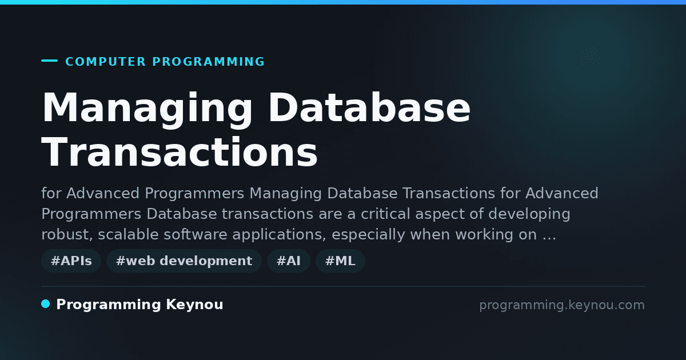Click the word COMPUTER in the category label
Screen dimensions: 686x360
pyautogui.click(x=105, y=62)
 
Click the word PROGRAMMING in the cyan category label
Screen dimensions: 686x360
pyautogui.click(x=208, y=62)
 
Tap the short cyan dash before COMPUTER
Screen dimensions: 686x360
pyautogui.click(x=49, y=61)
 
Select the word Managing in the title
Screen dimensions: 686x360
pyautogui.click(x=147, y=109)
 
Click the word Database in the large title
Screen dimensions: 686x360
pyautogui.click(x=369, y=108)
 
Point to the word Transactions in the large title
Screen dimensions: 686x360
pyautogui.click(x=180, y=152)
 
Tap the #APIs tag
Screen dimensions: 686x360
pyautogui.click(x=71, y=261)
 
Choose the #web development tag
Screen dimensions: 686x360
pyautogui.click(x=184, y=261)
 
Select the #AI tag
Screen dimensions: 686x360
pyautogui.click(x=289, y=261)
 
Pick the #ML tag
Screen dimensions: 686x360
pyautogui.click(x=340, y=261)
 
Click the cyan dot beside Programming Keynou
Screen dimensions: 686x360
pyautogui.click(x=46, y=304)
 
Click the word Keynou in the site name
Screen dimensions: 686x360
pyautogui.click(x=194, y=305)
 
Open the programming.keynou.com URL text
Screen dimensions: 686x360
pyautogui.click(x=562, y=305)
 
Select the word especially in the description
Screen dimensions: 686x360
pyautogui.click(x=368, y=235)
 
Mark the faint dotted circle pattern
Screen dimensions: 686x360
pyautogui.click(x=591, y=57)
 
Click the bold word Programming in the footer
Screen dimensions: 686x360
pyautogui.click(x=109, y=305)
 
